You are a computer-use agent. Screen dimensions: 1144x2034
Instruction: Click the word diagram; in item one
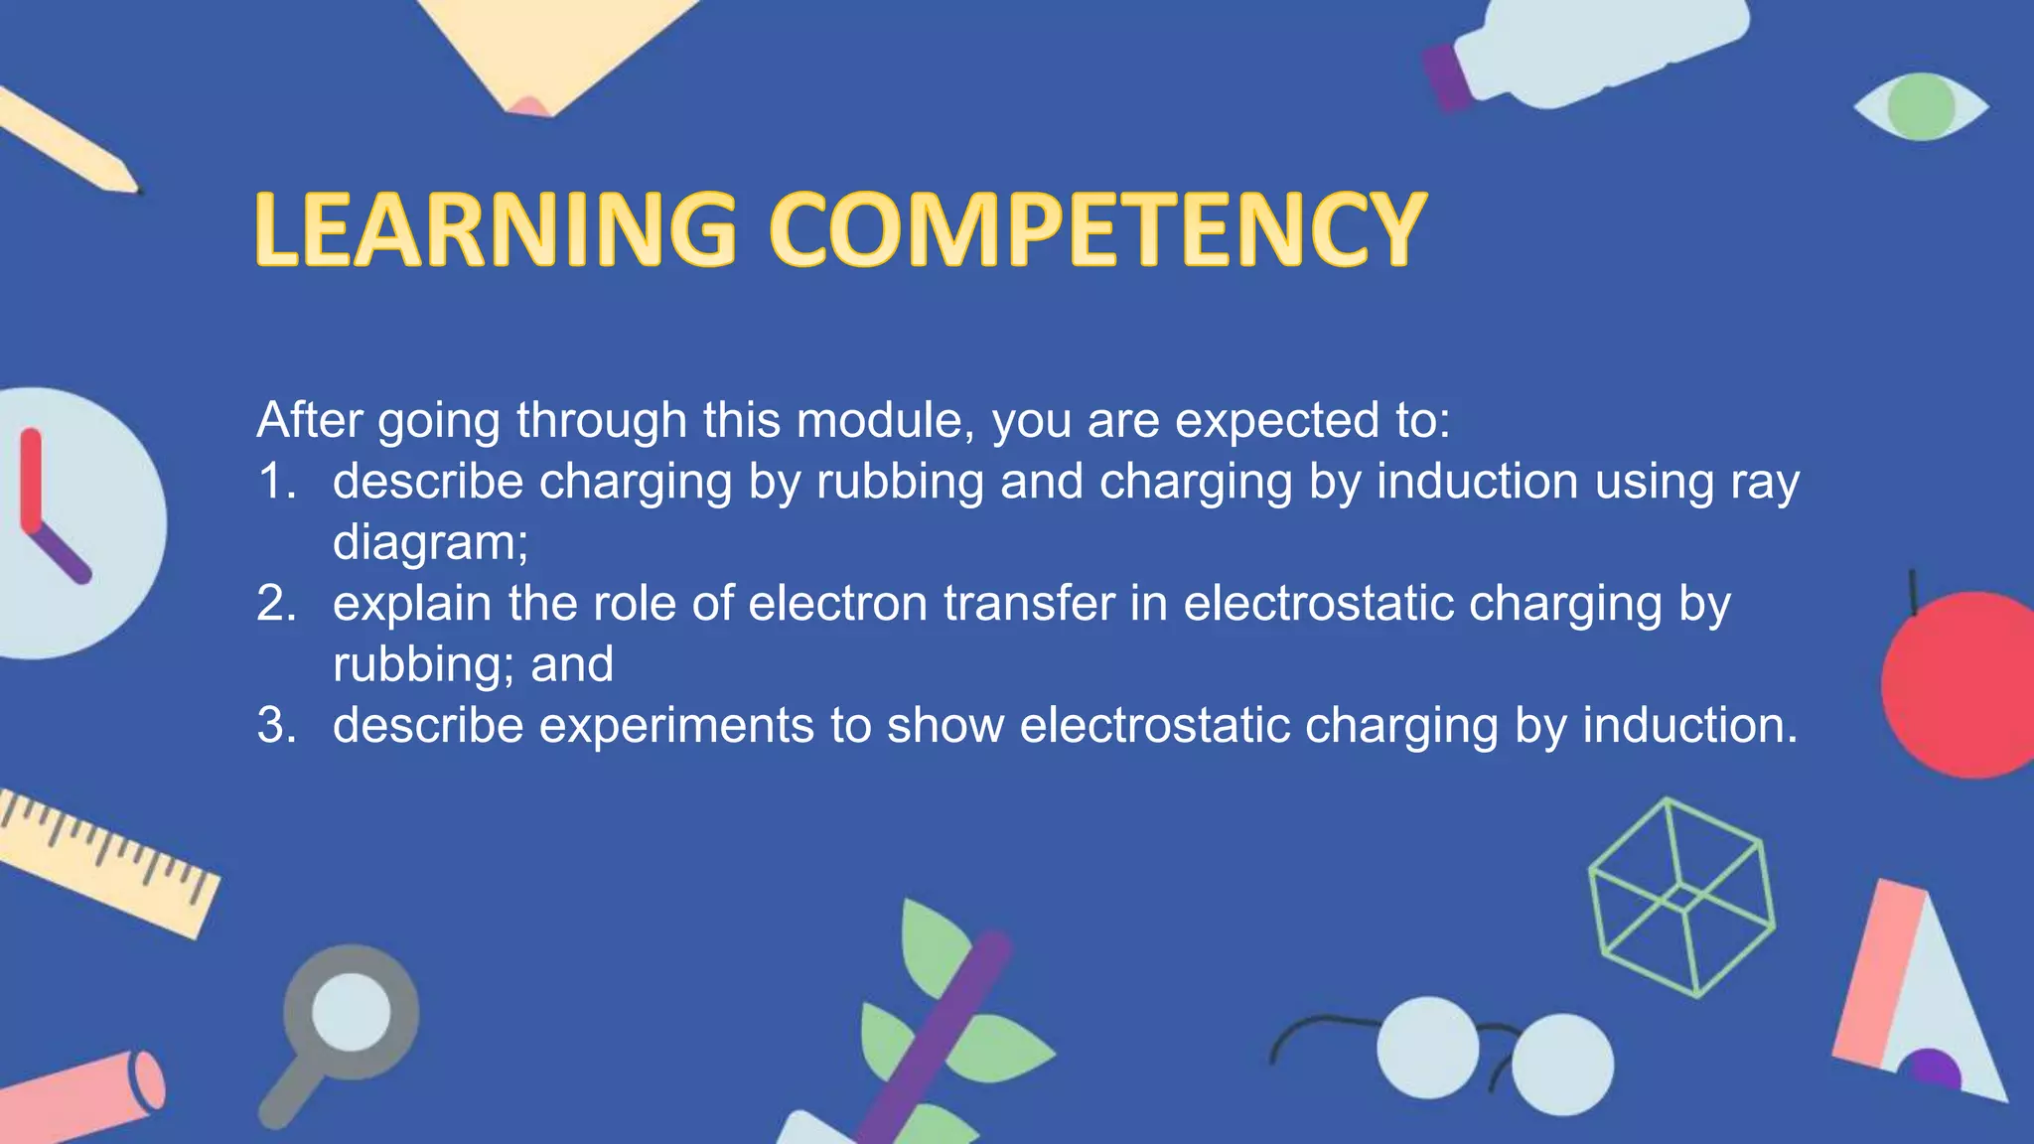(x=430, y=543)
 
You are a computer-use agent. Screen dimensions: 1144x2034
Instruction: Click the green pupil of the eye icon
(x=1921, y=106)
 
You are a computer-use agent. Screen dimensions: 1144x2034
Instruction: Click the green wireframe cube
(x=1681, y=898)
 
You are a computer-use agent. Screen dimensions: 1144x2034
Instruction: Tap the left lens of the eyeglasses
(x=1427, y=1048)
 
